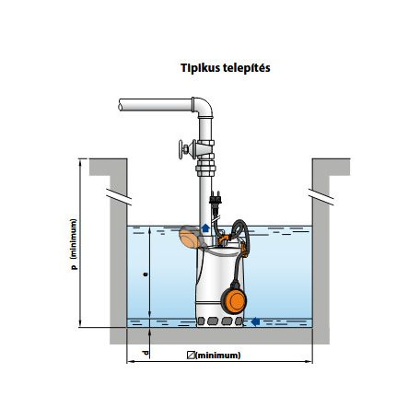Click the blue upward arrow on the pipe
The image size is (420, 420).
205,228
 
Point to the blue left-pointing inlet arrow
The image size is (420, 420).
255,321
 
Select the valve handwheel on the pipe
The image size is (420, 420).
182,149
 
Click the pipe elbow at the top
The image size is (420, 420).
203,108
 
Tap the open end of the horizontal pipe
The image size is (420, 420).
121,105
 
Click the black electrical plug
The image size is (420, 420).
216,199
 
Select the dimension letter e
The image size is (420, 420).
146,274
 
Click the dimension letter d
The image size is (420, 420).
146,352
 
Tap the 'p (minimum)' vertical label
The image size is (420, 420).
74,244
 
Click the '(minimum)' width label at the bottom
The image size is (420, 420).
218,356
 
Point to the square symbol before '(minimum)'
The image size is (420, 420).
191,356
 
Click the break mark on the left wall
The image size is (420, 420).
119,196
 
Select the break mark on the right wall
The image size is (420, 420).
321,196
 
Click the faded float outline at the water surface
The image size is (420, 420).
191,237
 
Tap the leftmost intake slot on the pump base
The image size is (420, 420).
201,321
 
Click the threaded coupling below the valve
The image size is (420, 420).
205,169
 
